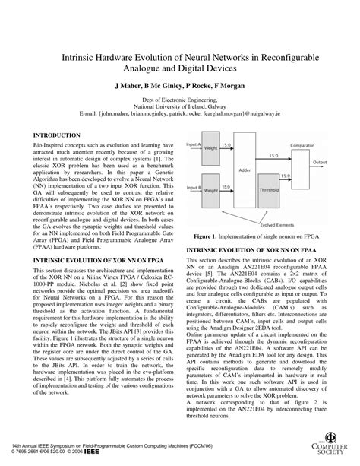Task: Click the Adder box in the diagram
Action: [268, 172]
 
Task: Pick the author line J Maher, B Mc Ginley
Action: [179, 87]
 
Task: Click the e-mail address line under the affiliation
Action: [180, 113]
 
